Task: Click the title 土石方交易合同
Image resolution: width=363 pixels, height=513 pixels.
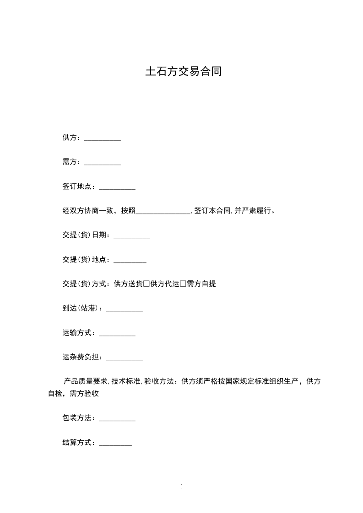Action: [x=183, y=72]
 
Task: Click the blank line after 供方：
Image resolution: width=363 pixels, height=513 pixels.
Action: [x=103, y=139]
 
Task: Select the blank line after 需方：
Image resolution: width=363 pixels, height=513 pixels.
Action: [x=103, y=163]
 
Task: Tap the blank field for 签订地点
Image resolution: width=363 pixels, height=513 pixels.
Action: [x=117, y=187]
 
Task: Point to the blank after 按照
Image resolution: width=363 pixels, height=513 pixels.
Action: [x=163, y=212]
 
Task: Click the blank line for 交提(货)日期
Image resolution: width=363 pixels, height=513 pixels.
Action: [x=132, y=236]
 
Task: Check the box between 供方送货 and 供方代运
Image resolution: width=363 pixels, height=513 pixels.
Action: [x=146, y=284]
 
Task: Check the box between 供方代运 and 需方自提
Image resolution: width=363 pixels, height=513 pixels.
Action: [x=183, y=284]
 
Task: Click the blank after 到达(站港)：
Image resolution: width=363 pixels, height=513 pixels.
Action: [x=125, y=310]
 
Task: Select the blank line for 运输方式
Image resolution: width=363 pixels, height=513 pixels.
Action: [x=117, y=334]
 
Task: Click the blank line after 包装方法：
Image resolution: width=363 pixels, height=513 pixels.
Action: [x=117, y=419]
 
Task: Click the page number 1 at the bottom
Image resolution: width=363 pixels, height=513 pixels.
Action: [x=182, y=487]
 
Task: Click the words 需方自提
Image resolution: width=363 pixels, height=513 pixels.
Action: [x=201, y=284]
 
